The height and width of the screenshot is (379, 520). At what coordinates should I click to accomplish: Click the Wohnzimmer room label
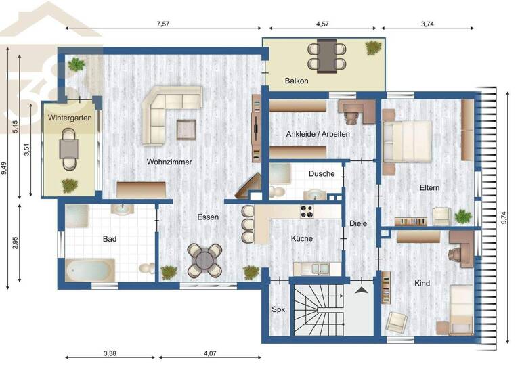point(169,162)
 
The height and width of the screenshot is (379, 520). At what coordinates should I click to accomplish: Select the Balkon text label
point(297,81)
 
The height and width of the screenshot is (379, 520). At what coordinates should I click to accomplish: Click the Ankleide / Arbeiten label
point(318,134)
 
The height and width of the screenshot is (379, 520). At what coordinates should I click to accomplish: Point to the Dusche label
point(322,174)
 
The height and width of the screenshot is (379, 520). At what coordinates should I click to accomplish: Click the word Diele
point(357,223)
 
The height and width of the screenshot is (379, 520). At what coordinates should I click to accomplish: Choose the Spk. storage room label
point(279,309)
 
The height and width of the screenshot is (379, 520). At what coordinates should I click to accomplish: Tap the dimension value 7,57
point(162,24)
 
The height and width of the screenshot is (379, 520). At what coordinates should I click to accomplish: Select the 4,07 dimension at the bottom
point(209,353)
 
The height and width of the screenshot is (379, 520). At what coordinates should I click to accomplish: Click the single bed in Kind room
point(461,309)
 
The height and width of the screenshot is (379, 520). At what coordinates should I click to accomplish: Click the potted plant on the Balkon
point(373,47)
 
